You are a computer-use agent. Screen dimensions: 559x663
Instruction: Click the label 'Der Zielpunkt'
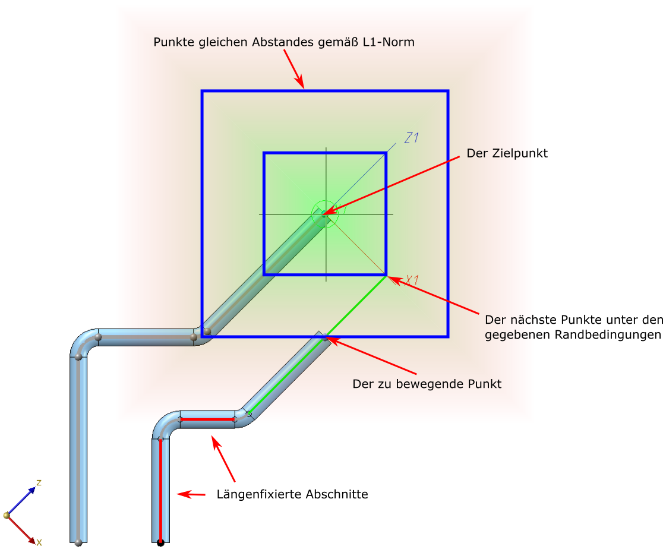(507, 153)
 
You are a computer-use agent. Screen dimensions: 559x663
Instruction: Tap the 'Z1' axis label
(412, 138)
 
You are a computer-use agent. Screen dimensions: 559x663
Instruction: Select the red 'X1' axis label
(412, 280)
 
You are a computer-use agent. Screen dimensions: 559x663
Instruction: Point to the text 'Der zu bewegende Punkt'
(427, 384)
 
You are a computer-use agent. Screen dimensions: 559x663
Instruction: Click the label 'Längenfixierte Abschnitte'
(292, 494)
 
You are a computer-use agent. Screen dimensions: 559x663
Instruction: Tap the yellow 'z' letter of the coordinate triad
(39, 482)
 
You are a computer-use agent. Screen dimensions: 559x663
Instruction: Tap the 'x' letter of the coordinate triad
(39, 542)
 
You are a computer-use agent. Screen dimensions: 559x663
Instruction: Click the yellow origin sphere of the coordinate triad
(7, 515)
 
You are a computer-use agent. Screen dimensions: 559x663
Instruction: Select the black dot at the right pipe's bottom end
(160, 542)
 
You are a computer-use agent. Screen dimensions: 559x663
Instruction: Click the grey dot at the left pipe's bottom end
(78, 542)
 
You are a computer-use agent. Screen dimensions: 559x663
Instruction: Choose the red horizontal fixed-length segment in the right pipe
(207, 419)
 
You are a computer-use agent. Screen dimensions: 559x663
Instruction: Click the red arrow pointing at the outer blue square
(293, 68)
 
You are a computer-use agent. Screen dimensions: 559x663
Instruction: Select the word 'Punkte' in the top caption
(171, 42)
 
